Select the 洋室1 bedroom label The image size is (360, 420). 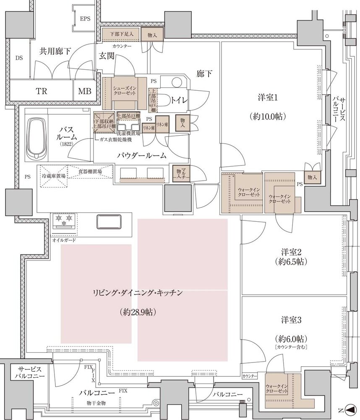[x=267, y=98]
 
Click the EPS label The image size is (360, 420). [x=85, y=19]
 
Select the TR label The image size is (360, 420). [x=41, y=91]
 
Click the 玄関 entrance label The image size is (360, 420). [x=107, y=56]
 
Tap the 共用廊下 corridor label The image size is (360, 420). [x=55, y=51]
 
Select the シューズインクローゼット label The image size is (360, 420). [x=123, y=90]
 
